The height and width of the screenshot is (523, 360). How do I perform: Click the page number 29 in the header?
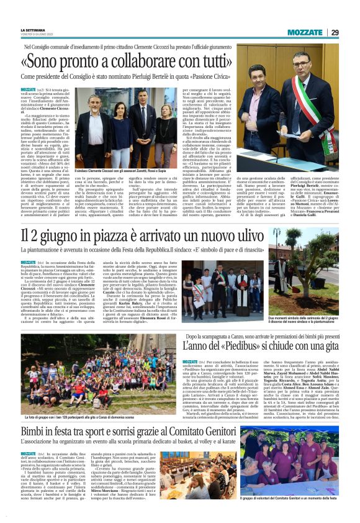coord(335,32)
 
